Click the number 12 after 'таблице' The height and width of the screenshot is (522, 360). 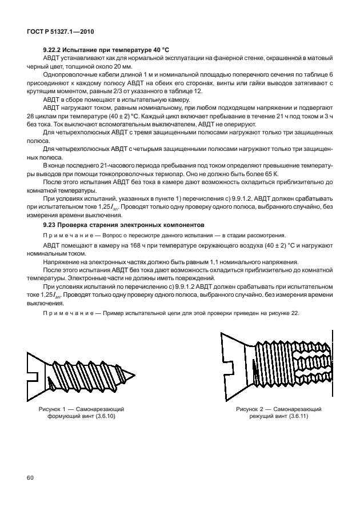coord(197,91)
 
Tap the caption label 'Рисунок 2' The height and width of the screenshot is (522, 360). coord(252,409)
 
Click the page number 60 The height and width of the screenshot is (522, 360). coord(29,476)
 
